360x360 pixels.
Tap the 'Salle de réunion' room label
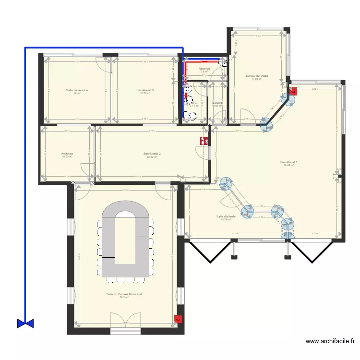point(77,90)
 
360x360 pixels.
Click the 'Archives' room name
point(67,154)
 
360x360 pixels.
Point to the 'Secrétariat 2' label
point(152,154)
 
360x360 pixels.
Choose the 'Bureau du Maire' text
point(257,76)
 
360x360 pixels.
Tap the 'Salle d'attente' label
point(226,216)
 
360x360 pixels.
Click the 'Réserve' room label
point(204,69)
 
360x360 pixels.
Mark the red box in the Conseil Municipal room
point(178,319)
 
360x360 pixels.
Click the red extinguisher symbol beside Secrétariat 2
point(204,140)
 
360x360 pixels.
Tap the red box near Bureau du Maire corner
point(293,90)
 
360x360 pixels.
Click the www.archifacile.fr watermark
point(330,342)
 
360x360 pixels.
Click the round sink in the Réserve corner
point(222,61)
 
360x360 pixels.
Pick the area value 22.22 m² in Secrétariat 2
point(152,157)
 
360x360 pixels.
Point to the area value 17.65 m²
point(257,79)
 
